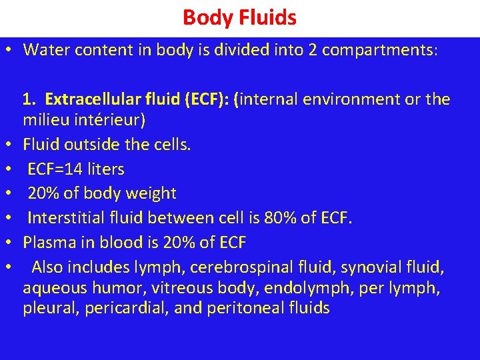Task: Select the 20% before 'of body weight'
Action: coord(43,193)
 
